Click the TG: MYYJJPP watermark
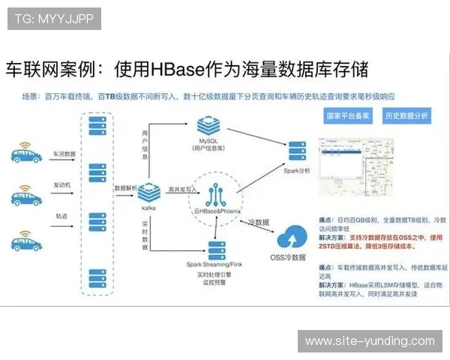click(x=53, y=18)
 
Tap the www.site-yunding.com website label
click(x=369, y=341)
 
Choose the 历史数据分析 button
click(x=406, y=116)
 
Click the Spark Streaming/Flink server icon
click(x=218, y=250)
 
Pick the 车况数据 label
click(x=64, y=153)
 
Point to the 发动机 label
click(x=63, y=184)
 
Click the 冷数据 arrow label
click(x=258, y=221)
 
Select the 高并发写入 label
click(x=178, y=190)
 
